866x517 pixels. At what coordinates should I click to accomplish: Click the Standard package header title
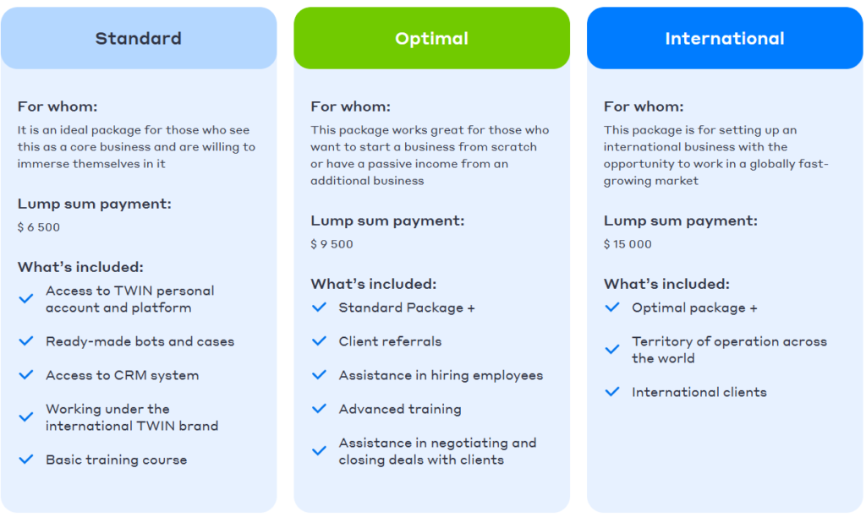coord(138,38)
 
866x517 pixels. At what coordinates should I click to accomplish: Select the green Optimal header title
coord(431,39)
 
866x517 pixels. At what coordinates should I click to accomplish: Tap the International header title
coord(725,38)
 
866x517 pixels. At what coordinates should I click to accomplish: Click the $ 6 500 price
coord(39,226)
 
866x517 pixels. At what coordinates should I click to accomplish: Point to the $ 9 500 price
coord(332,244)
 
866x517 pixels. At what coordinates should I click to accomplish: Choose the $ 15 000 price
coord(628,244)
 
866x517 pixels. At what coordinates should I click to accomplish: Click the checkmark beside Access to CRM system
coord(26,375)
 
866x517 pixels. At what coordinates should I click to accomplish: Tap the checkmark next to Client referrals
coord(319,341)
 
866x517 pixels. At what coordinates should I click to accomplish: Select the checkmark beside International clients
coord(612,392)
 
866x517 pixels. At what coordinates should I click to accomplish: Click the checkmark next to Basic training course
coord(26,460)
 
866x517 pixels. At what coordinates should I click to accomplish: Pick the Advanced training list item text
coord(400,409)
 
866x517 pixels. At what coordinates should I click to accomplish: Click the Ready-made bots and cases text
coord(140,341)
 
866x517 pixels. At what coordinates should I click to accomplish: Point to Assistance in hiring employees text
coord(441,375)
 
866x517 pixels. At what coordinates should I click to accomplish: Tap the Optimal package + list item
coord(694,307)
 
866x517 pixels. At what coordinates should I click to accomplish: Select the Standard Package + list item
coord(407,307)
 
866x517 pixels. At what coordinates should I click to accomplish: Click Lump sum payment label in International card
coord(681,220)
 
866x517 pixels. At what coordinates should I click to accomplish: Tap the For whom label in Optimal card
coord(350,106)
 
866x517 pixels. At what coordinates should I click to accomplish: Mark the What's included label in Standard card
coord(80,267)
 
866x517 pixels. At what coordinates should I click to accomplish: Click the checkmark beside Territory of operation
coord(612,350)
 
